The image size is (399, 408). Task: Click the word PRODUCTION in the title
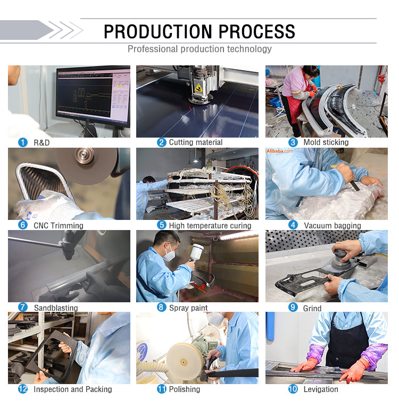click(158, 32)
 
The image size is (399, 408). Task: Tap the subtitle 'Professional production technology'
click(199, 49)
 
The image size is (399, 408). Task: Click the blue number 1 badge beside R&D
click(23, 142)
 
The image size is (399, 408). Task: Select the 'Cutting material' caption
click(196, 142)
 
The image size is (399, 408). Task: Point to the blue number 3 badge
click(293, 142)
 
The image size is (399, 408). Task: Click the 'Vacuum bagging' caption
click(332, 225)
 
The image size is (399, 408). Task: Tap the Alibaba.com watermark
click(280, 151)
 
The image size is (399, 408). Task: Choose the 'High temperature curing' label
click(210, 225)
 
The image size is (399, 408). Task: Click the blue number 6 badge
click(23, 225)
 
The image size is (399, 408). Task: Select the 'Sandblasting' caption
click(56, 308)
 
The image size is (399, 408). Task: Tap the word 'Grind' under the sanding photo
click(312, 308)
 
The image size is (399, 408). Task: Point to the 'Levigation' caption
click(321, 389)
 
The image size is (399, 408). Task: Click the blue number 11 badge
click(162, 389)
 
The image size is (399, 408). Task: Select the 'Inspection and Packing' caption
click(73, 389)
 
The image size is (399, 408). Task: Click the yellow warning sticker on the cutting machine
click(198, 88)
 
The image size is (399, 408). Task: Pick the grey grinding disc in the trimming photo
click(86, 164)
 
